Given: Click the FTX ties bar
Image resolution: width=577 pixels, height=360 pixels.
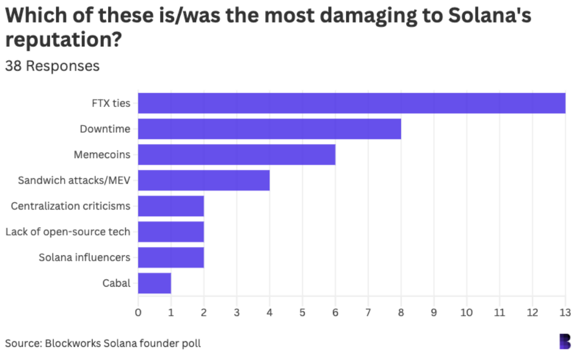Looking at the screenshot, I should point(352,103).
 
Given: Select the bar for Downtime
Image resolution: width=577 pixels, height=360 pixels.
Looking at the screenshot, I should point(269,129).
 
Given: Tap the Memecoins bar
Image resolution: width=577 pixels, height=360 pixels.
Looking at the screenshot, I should point(236,154).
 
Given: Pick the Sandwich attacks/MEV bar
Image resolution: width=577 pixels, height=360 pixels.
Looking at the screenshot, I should point(203,180).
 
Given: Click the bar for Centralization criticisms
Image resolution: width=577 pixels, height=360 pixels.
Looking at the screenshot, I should point(171,206).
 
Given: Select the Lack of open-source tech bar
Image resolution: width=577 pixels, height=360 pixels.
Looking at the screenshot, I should point(171,232).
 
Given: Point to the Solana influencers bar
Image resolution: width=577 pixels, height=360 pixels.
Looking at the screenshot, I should point(171,257).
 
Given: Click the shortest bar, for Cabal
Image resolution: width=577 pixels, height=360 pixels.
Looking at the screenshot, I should point(154,283).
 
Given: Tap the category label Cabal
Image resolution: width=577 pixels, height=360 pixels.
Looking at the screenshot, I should point(116,283).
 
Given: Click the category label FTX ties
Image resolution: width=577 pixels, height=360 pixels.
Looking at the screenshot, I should point(111,103).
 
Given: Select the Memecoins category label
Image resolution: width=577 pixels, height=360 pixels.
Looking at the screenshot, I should point(102,154).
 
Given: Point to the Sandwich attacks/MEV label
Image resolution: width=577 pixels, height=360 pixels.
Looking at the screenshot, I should point(74,180).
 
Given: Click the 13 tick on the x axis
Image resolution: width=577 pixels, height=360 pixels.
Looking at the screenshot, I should point(565,311).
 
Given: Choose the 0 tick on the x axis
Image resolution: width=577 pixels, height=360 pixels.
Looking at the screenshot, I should point(138,311).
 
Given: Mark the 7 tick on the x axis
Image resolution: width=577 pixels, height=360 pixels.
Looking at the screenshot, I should point(368,311).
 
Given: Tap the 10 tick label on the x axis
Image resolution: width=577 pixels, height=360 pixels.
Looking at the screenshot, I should point(467,311).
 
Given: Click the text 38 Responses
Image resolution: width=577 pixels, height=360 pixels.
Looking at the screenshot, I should point(52,66).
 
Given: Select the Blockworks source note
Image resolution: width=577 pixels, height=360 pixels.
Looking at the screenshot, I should point(103,343).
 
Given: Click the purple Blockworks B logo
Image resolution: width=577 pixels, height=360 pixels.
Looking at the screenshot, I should point(565,341).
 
